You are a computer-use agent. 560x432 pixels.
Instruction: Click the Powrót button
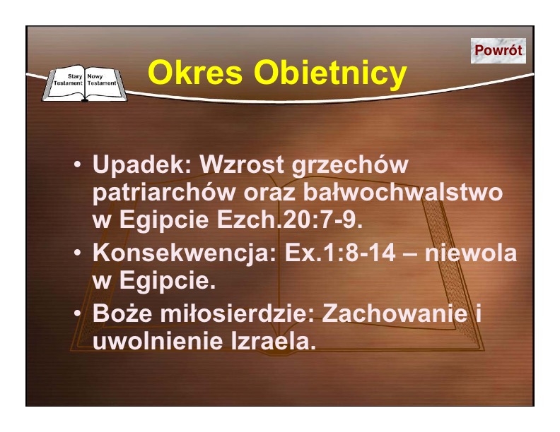498,51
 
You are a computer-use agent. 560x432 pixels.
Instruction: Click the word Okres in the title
195,73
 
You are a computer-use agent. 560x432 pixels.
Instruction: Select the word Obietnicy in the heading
330,73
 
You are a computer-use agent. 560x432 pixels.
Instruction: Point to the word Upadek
142,164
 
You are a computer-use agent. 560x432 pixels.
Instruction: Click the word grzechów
349,165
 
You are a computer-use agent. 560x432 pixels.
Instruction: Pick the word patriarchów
164,193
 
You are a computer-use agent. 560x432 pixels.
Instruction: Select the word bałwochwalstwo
403,192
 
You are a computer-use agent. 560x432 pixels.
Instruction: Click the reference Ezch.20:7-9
290,220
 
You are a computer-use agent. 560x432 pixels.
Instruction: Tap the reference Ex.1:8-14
340,253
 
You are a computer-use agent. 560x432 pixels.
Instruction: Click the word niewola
470,253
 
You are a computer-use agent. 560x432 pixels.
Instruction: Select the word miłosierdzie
237,313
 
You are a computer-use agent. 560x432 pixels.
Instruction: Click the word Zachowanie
395,313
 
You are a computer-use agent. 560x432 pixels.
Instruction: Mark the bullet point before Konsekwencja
78,253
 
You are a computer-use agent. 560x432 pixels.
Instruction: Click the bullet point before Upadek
78,165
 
